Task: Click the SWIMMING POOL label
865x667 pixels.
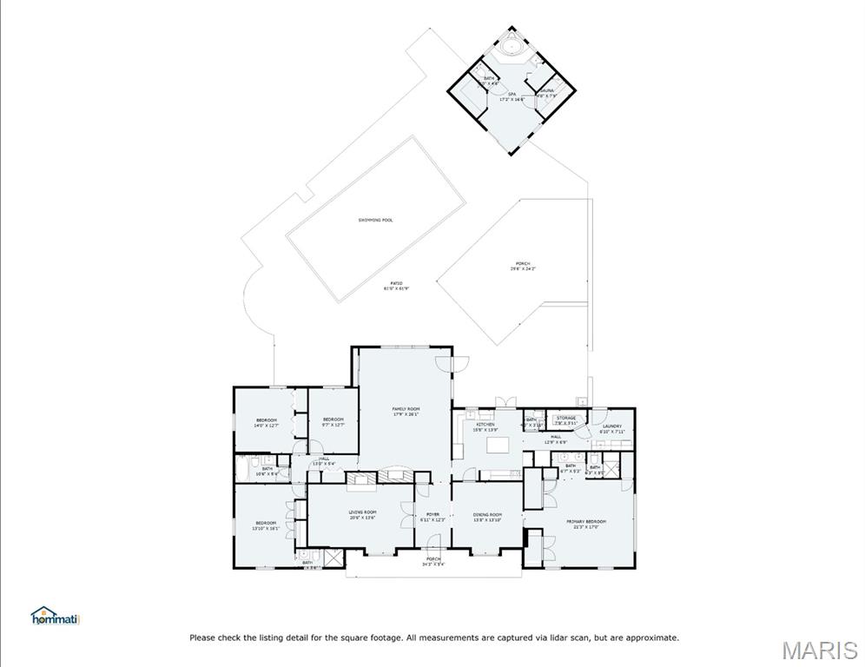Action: point(375,220)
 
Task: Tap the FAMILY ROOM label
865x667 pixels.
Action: point(406,409)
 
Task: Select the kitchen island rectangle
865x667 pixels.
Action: point(497,445)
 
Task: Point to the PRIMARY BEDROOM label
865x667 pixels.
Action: point(586,522)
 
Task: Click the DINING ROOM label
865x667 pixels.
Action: point(487,515)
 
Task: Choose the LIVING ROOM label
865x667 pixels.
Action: point(362,512)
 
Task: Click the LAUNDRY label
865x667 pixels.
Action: point(612,426)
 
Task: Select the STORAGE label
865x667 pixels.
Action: point(565,419)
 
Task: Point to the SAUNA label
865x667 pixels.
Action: point(547,90)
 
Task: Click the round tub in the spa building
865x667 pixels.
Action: point(510,44)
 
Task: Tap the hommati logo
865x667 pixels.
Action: point(55,617)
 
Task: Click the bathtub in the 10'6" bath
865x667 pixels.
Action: point(242,468)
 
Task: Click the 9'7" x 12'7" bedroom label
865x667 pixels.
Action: point(333,422)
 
